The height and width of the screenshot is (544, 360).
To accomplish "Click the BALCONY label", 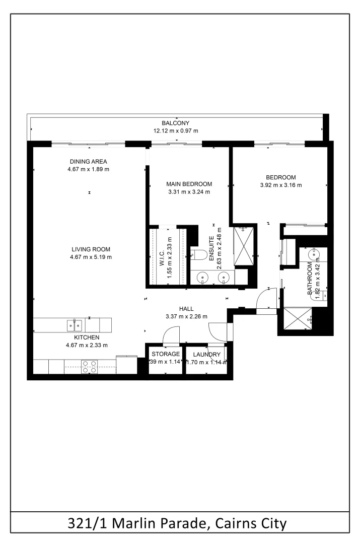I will click(175, 123).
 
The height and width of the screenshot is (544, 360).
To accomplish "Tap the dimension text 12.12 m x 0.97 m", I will click(175, 131).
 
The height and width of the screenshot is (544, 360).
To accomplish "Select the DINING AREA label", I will click(88, 162).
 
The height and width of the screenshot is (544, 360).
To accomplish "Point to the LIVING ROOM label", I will click(91, 249).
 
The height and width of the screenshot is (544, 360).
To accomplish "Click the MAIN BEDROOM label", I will click(189, 184).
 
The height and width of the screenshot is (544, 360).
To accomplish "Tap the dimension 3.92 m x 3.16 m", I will click(280, 185).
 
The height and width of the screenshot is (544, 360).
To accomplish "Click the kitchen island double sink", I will click(74, 325).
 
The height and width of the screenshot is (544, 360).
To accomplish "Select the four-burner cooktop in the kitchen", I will click(90, 366).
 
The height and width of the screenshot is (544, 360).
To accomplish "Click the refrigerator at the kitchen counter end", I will click(126, 365).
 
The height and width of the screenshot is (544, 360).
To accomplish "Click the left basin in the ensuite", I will click(203, 277).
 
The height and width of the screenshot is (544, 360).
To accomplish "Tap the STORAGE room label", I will click(166, 354).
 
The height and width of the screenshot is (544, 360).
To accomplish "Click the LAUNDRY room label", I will click(206, 354).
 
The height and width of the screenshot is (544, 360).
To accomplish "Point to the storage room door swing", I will click(171, 334).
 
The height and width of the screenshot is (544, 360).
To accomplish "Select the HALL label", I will click(186, 309).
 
